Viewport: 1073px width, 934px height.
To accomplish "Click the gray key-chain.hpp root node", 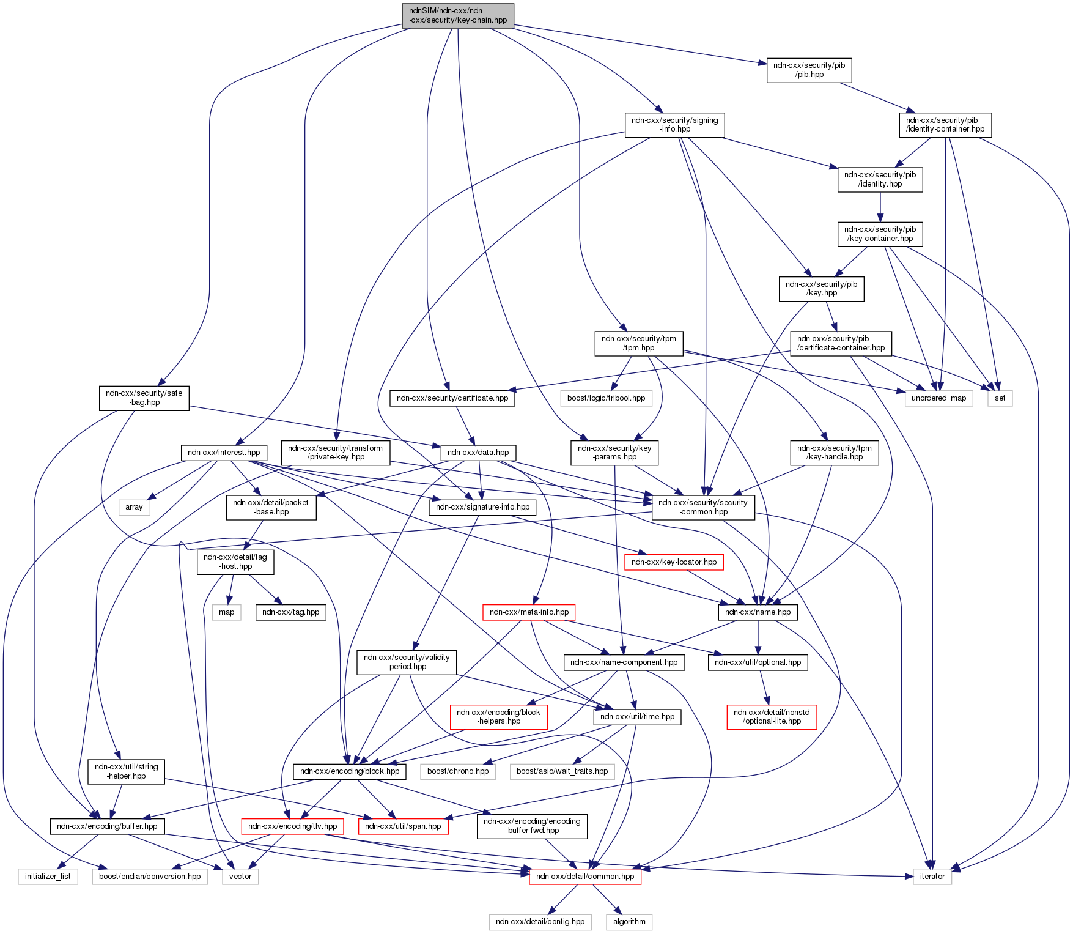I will (x=457, y=15).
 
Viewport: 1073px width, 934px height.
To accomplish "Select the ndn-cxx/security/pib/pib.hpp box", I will (x=809, y=70).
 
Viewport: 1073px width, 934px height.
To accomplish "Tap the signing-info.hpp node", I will (x=674, y=125).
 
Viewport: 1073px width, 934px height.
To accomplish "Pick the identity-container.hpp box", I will (x=945, y=125).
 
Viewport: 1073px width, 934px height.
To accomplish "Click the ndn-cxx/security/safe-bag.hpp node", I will (x=144, y=398).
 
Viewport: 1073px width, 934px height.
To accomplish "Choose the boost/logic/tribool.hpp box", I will (x=606, y=398).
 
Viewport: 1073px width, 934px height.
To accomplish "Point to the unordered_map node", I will (x=938, y=398).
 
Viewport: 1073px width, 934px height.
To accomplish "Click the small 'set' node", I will (x=1000, y=398).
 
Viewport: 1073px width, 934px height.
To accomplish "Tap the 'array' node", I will (x=134, y=507).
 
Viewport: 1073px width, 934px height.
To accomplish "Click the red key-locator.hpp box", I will (x=674, y=562).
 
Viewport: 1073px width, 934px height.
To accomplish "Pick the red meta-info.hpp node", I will (x=529, y=612).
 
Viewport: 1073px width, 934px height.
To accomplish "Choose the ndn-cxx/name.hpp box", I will (x=758, y=612).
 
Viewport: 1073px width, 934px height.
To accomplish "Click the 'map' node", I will (x=226, y=612).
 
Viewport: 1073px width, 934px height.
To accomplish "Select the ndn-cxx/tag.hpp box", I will (x=290, y=612).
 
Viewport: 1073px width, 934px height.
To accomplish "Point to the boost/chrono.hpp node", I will (x=458, y=771).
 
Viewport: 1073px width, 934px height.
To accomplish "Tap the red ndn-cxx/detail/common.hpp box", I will (x=585, y=877).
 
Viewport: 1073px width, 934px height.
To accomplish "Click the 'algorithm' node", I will (x=629, y=922).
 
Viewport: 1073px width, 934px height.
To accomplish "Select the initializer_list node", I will (x=48, y=877).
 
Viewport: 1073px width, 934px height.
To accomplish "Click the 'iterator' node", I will (x=932, y=877).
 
